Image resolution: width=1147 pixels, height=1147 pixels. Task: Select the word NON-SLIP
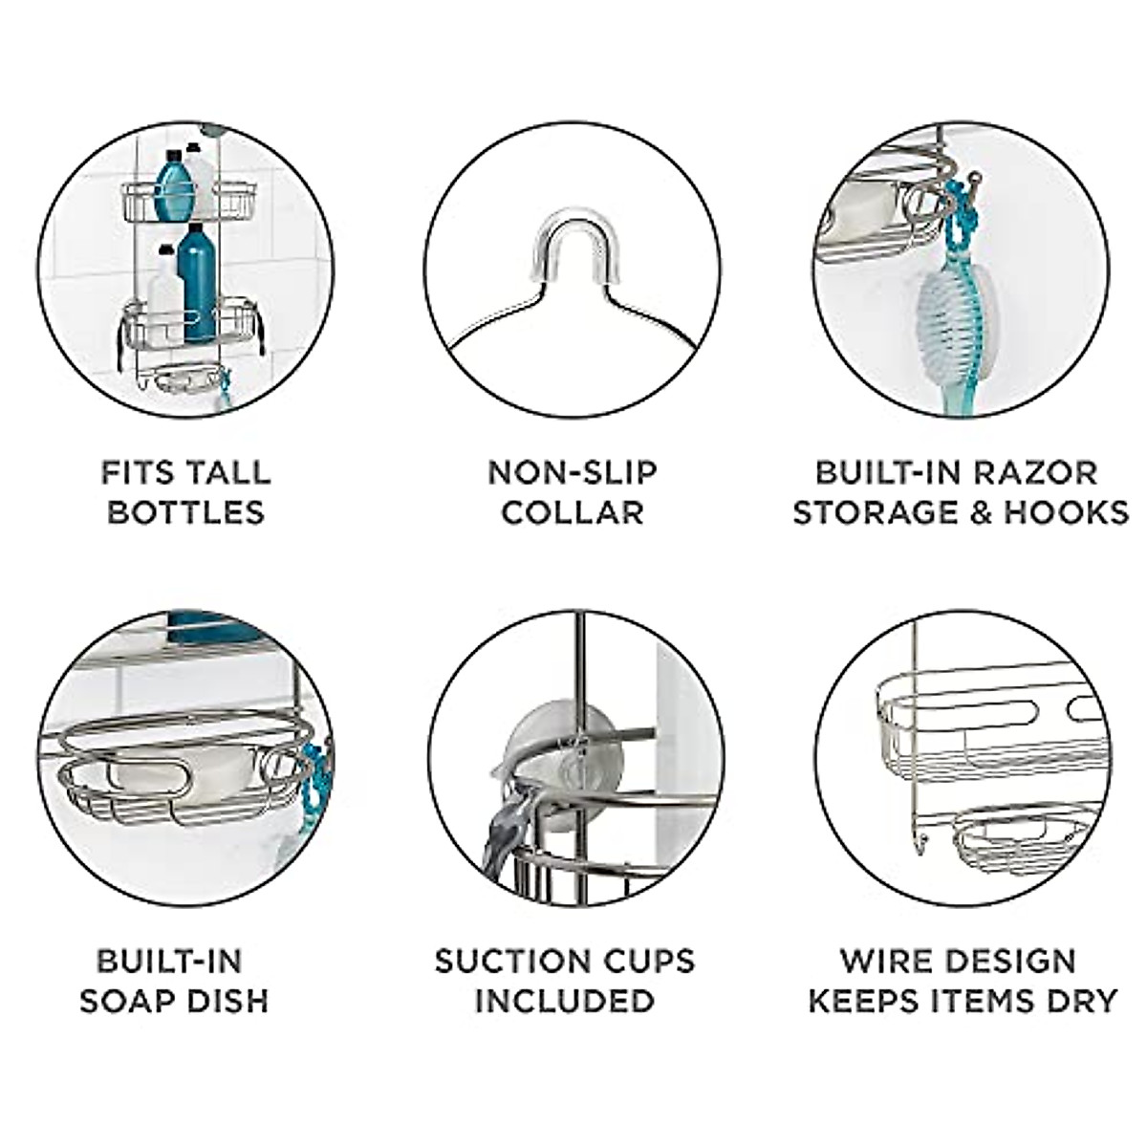click(573, 472)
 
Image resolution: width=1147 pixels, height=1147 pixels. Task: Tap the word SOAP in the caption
click(127, 1001)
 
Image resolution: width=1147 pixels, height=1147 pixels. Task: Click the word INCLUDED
click(565, 1001)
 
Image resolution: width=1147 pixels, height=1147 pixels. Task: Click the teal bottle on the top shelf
click(174, 186)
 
